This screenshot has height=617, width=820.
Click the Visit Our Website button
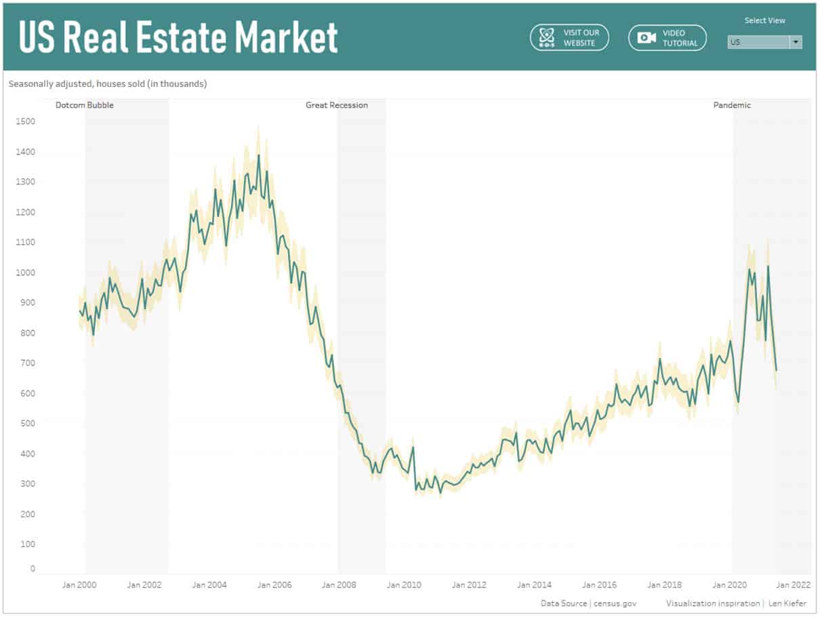(x=569, y=37)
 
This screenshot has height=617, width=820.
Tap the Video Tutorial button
(x=668, y=37)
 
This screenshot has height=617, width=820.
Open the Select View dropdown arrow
(x=796, y=42)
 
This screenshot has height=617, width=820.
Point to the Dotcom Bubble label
(x=85, y=105)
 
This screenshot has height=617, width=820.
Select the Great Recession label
(x=337, y=105)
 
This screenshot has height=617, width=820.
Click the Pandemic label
(x=732, y=105)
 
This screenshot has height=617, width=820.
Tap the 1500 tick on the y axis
(x=25, y=121)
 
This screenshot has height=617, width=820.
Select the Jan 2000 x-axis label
(x=79, y=584)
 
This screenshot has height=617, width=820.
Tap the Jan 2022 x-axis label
(x=793, y=584)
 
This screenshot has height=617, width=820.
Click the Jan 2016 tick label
(x=599, y=584)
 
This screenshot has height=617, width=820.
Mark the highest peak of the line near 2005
(x=258, y=155)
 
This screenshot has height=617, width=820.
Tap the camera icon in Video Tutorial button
(x=647, y=38)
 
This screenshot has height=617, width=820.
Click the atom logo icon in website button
(x=547, y=38)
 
